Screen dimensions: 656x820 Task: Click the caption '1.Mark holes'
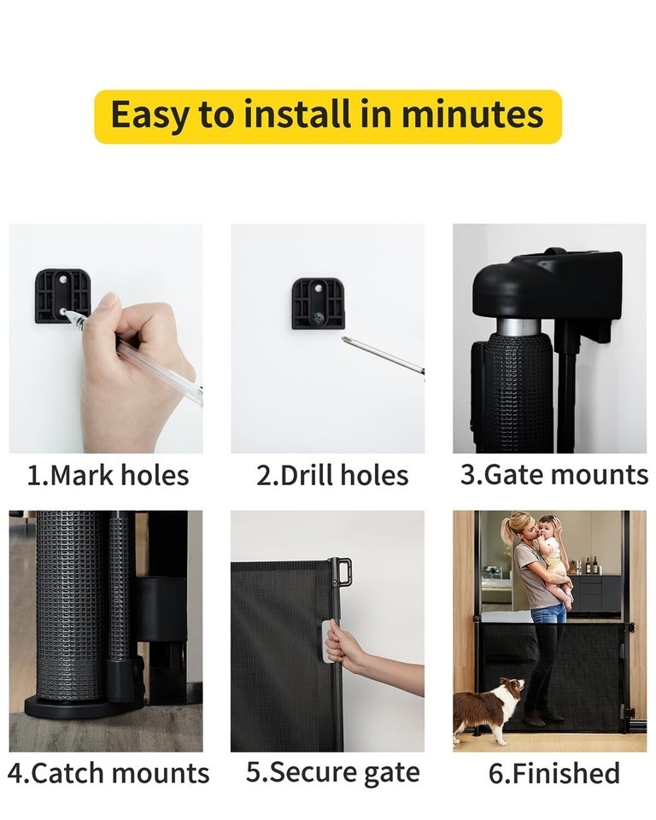pos(108,476)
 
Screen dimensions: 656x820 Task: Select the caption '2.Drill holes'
pos(332,476)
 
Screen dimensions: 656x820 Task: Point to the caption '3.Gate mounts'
pos(554,475)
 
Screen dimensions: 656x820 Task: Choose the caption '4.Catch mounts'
pos(108,773)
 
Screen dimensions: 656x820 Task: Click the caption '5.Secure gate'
pos(333,773)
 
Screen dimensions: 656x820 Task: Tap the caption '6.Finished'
pos(554,773)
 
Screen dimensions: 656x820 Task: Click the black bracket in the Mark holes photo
pos(61,296)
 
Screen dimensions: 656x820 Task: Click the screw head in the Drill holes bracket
pos(317,316)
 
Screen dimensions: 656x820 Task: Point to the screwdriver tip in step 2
pos(344,339)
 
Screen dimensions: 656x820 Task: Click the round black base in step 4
pos(84,708)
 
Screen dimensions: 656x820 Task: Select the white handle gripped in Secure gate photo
pos(327,641)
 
